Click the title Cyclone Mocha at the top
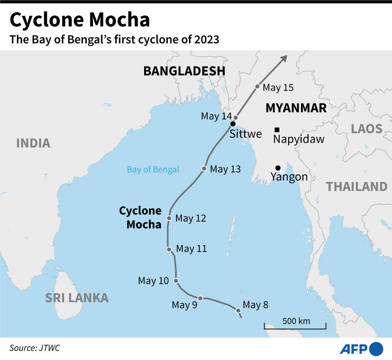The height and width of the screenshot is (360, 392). point(80,20)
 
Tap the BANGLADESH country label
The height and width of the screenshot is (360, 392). point(184,71)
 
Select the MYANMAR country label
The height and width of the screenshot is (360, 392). point(296,108)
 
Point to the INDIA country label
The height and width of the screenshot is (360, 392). point(33,143)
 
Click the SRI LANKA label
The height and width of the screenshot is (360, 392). point(77,297)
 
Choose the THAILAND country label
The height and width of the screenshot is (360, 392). point(357,187)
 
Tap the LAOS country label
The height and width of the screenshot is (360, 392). point(367,128)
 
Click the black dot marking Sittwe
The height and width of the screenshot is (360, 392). point(233,124)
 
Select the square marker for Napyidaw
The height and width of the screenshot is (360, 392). point(277,130)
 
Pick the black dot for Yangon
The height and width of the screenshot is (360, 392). point(278,168)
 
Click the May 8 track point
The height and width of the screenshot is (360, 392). point(238,310)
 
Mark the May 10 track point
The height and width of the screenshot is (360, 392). point(176,281)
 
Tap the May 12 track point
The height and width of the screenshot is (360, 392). point(169,218)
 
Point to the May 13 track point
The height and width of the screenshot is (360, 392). point(204,168)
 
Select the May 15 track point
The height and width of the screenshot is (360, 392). point(257,87)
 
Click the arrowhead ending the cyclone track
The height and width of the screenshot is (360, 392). point(284,58)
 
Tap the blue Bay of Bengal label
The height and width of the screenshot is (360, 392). point(153,170)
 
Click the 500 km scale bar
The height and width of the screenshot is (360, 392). point(295,325)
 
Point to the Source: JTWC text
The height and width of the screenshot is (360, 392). point(35,348)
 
